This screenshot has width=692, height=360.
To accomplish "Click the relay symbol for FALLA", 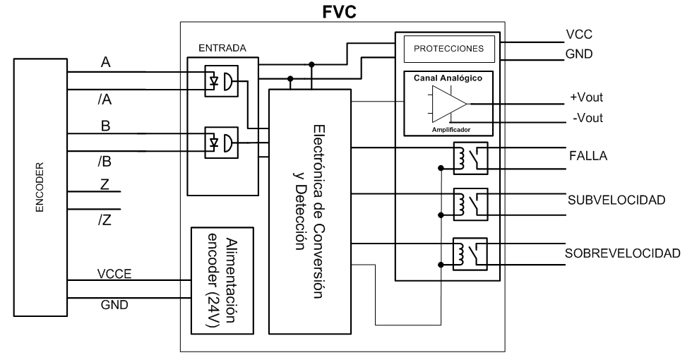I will coord(470,159).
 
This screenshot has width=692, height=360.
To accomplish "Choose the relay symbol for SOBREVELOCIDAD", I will coord(470,255).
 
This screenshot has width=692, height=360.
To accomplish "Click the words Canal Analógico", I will coord(448,78).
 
